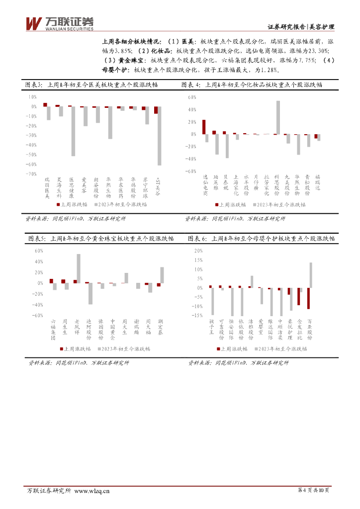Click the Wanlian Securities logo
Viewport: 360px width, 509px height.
pyautogui.click(x=59, y=23)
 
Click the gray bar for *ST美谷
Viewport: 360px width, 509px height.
pyautogui.click(x=159, y=136)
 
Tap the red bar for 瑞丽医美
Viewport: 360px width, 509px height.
pyautogui.click(x=45, y=105)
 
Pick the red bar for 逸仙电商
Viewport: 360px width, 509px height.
pyautogui.click(x=204, y=127)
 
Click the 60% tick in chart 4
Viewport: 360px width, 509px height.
pyautogui.click(x=191, y=97)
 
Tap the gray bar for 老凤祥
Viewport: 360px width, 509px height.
pyautogui.click(x=79, y=268)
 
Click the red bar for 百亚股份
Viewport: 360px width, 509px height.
pyautogui.click(x=308, y=298)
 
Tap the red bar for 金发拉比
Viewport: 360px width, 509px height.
pyautogui.click(x=298, y=296)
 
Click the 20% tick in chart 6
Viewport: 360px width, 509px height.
pyautogui.click(x=198, y=251)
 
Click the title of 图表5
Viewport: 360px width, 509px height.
pyautogui.click(x=100, y=239)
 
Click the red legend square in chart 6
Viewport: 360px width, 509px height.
pyautogui.click(x=217, y=349)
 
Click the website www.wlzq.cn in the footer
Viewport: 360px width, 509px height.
pyautogui.click(x=92, y=491)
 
